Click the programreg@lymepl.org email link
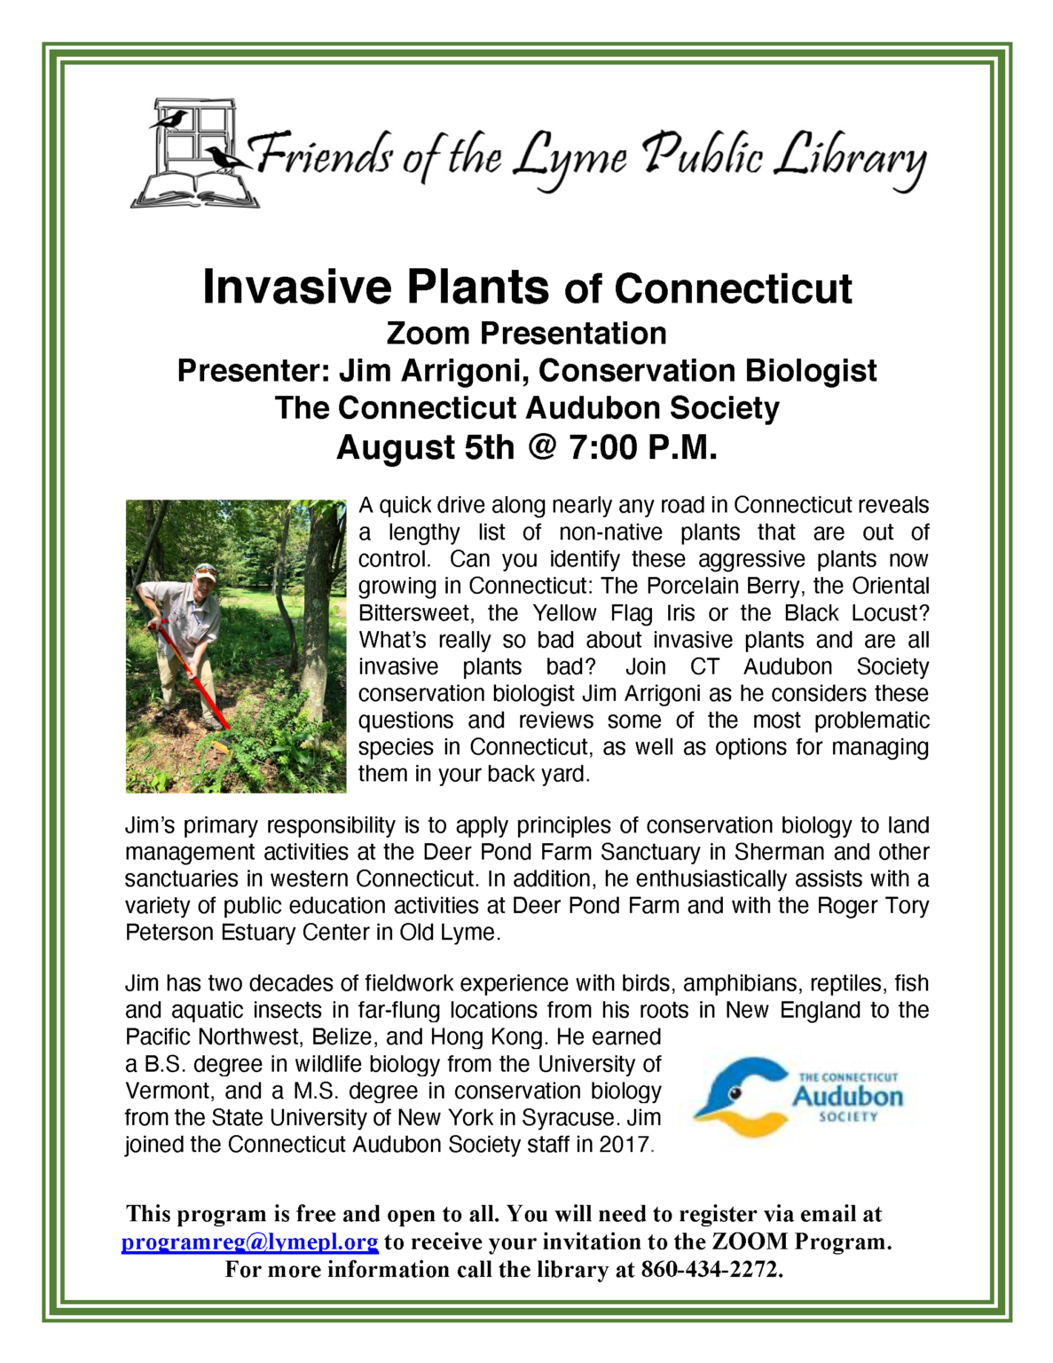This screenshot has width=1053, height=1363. point(249,1241)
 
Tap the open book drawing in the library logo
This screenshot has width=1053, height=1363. point(195,189)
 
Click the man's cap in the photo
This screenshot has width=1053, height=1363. point(206,570)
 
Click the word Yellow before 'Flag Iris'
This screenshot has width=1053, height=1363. point(564,613)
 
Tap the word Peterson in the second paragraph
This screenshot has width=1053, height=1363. point(170,933)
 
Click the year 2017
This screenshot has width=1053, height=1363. point(625,1145)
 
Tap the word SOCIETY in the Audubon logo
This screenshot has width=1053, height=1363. point(848,1117)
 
